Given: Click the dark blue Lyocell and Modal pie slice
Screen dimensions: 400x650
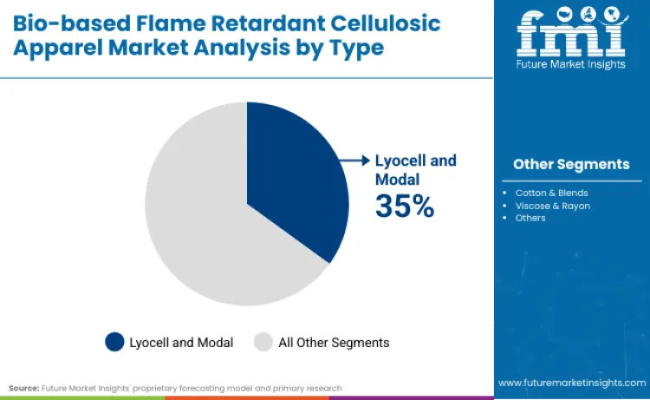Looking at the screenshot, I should [295, 182].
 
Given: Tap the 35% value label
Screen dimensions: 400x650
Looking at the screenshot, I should [404, 206].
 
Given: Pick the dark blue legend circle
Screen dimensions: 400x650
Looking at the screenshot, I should [114, 342].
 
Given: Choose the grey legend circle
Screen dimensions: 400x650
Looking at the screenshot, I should [263, 342].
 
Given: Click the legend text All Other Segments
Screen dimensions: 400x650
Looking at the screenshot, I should [334, 343].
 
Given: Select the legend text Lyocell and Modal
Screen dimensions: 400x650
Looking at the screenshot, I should [181, 343].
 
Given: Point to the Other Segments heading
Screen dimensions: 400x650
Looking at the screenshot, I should [571, 164].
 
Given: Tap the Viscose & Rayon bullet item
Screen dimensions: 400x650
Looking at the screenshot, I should [552, 206].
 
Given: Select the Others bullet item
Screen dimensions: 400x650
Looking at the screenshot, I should [530, 218].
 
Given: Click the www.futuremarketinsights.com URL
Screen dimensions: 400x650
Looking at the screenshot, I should [571, 383].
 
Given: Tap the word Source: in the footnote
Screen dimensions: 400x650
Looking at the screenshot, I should [24, 388].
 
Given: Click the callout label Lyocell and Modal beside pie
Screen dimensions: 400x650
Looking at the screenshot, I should [415, 169].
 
